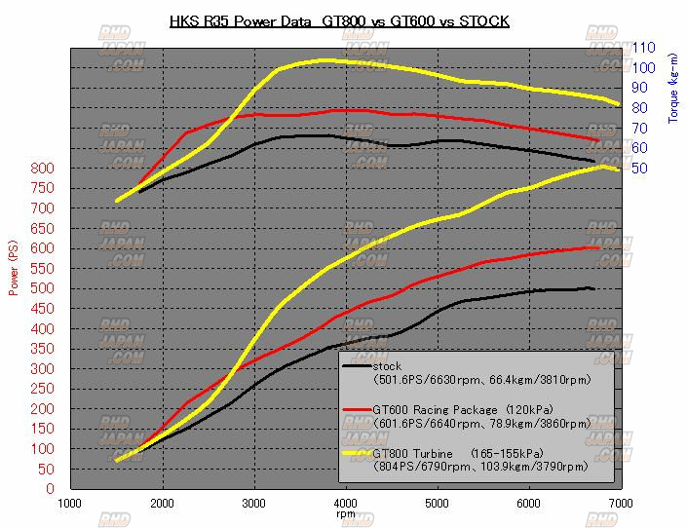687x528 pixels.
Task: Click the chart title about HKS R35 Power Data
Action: pyautogui.click(x=339, y=20)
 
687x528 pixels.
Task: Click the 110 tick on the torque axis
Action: pyautogui.click(x=643, y=47)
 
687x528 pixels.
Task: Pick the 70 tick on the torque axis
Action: pyautogui.click(x=640, y=128)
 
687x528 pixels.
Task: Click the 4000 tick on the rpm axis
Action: pyautogui.click(x=346, y=503)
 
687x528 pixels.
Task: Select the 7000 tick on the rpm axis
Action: pyautogui.click(x=621, y=503)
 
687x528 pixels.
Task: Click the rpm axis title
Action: pyautogui.click(x=346, y=513)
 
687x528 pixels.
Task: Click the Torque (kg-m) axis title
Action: pyautogui.click(x=672, y=89)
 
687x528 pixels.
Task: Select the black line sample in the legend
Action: pyautogui.click(x=357, y=366)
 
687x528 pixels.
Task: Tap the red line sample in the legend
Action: pyautogui.click(x=357, y=410)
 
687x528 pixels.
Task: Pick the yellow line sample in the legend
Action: pyautogui.click(x=357, y=454)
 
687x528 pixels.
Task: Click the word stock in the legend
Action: pyautogui.click(x=388, y=366)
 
